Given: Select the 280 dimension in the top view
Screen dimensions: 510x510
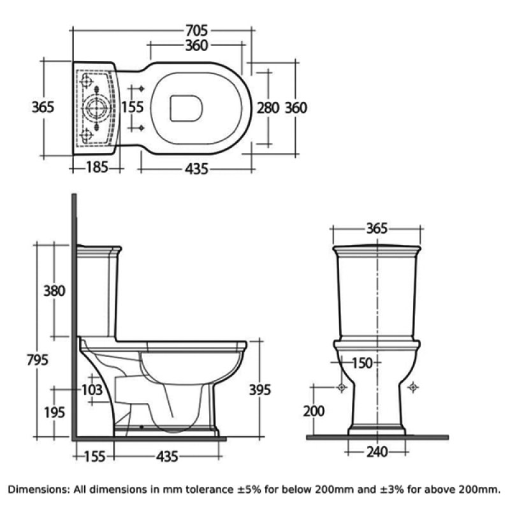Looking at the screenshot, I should (268, 108).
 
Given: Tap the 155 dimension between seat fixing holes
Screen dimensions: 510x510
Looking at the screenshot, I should (133, 107).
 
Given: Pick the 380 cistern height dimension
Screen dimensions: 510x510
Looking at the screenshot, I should (54, 291).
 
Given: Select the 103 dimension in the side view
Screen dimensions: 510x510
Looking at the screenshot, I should (92, 389).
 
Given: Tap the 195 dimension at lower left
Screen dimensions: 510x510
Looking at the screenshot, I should (54, 412).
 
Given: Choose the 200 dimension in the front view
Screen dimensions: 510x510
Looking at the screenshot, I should (314, 411).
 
